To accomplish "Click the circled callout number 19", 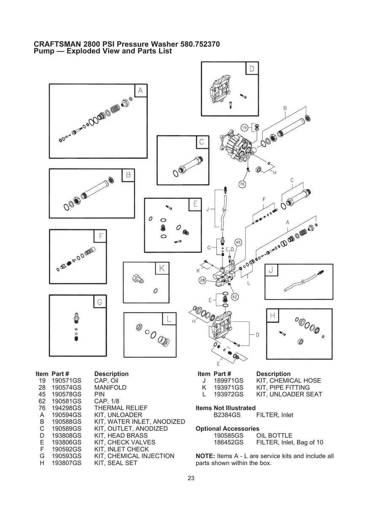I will pyautogui.click(x=244, y=127).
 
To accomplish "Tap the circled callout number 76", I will pyautogui.click(x=242, y=184).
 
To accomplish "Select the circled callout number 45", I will pyautogui.click(x=238, y=242).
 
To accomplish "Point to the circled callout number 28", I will pyautogui.click(x=202, y=280).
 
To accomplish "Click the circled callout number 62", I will pyautogui.click(x=235, y=297).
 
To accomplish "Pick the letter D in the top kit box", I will pyautogui.click(x=252, y=69).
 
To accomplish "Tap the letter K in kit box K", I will pyautogui.click(x=162, y=268).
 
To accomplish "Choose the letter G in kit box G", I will pyautogui.click(x=100, y=302).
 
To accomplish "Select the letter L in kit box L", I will pyautogui.click(x=168, y=319).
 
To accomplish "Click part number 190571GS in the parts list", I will pyautogui.click(x=66, y=380).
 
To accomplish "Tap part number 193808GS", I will pyautogui.click(x=66, y=435).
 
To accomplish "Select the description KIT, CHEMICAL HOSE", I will pyautogui.click(x=288, y=380).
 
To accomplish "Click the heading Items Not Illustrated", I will pyautogui.click(x=226, y=408).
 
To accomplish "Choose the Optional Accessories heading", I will pyautogui.click(x=228, y=429).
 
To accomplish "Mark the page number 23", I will pyautogui.click(x=191, y=478).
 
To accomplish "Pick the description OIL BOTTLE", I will pyautogui.click(x=274, y=435).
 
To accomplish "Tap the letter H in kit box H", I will pyautogui.click(x=272, y=315).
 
